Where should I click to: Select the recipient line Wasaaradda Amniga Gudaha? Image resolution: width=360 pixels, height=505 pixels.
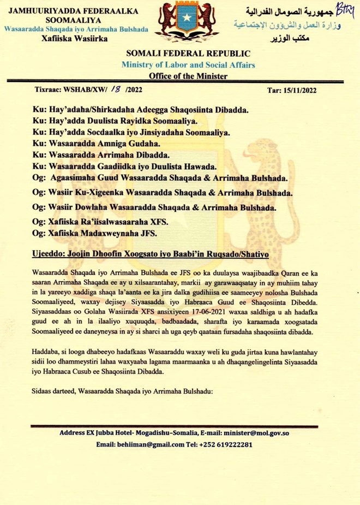pyautogui.click(x=97, y=144)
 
